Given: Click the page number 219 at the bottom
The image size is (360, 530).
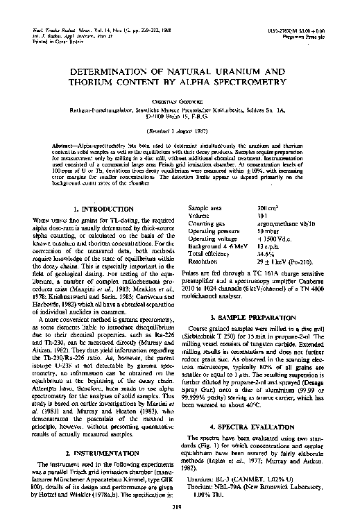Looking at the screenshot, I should [180, 511].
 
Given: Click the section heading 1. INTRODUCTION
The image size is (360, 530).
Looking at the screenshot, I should [103, 208].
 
